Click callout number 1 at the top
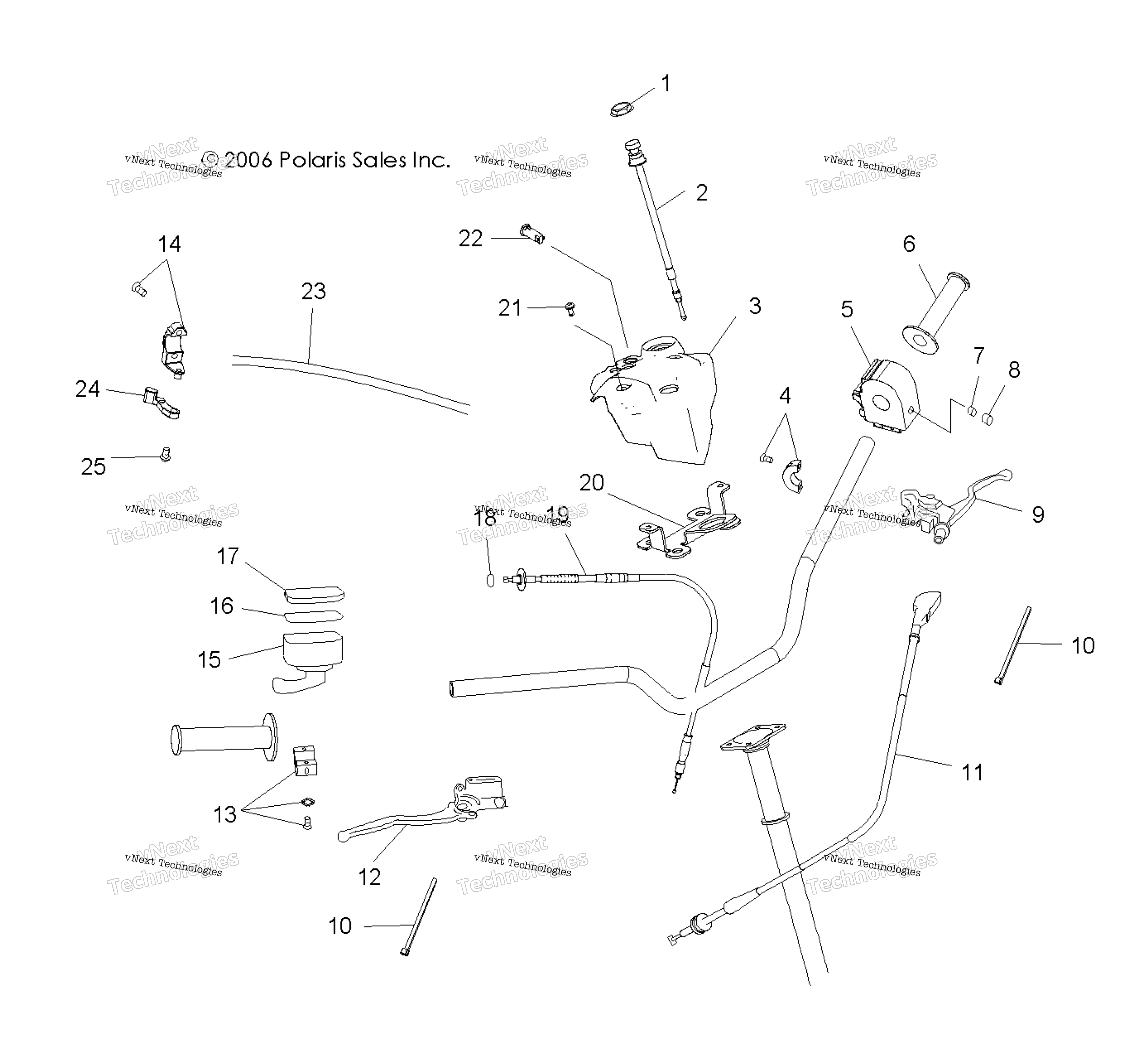tap(666, 84)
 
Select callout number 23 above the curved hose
tap(313, 291)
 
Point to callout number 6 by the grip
tap(909, 244)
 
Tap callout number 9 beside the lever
tap(1037, 514)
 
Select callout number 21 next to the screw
tap(510, 308)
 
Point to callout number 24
tap(88, 389)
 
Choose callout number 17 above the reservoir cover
tap(228, 556)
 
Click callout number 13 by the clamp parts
tap(225, 815)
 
